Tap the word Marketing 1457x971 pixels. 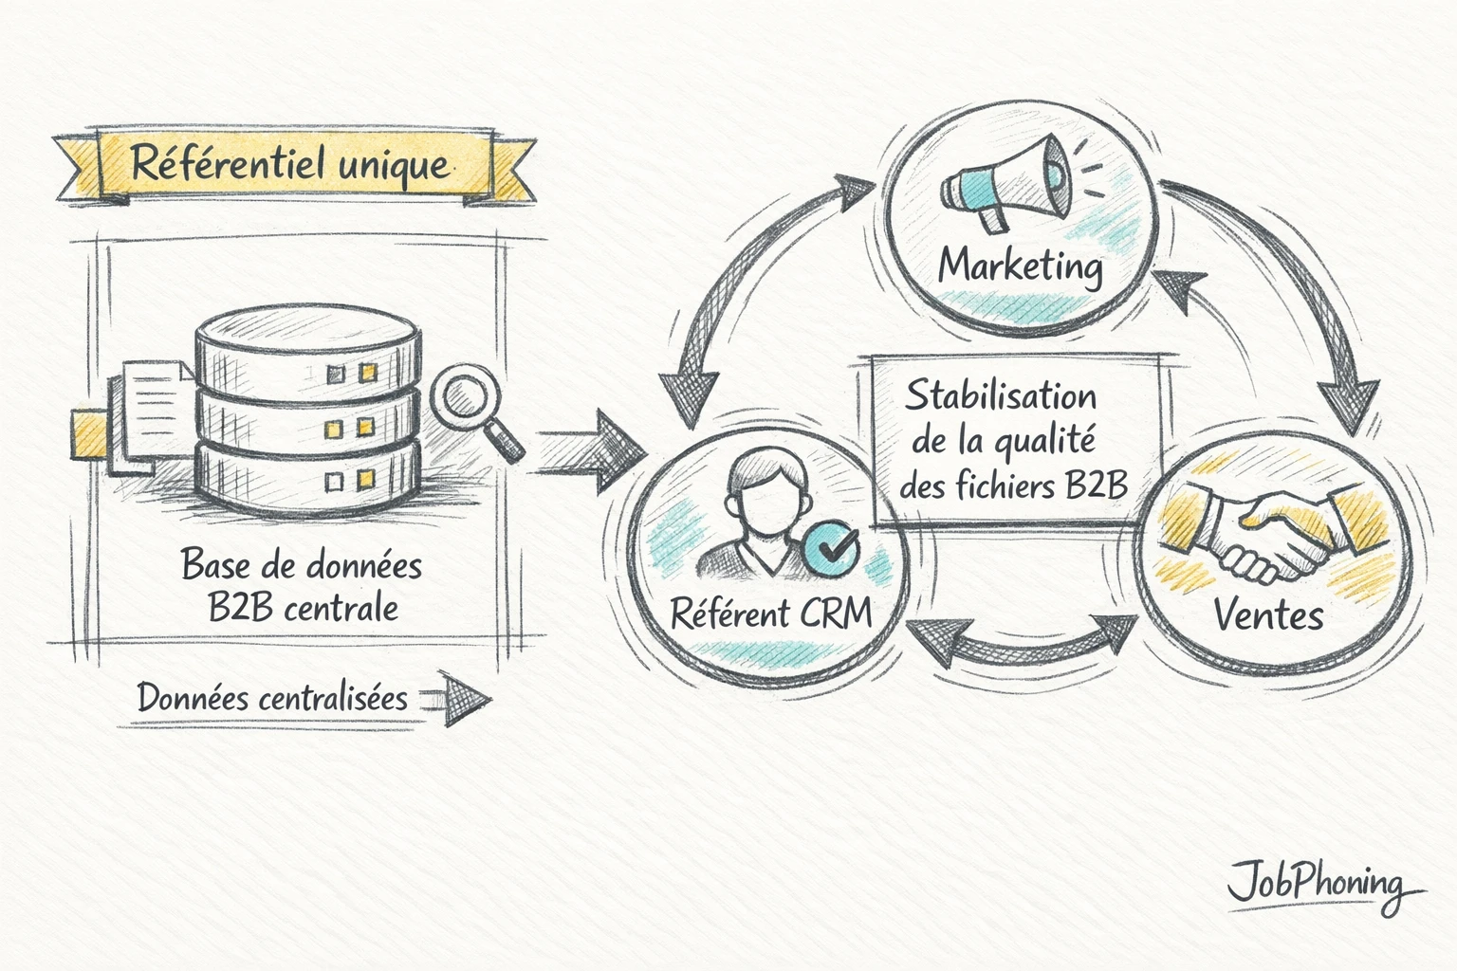click(x=1021, y=266)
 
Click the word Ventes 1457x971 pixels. click(x=1268, y=616)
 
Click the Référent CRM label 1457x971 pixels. click(x=770, y=613)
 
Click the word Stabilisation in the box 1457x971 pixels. click(x=1000, y=396)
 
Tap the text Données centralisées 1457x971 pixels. click(x=272, y=699)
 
